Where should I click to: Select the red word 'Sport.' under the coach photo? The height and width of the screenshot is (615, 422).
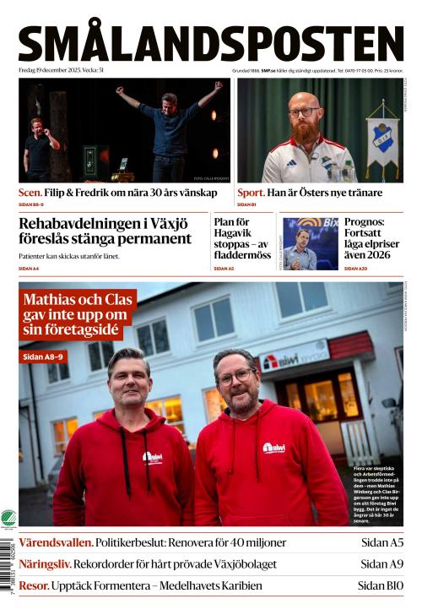point(251,193)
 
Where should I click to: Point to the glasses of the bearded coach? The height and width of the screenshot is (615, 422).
point(304,112)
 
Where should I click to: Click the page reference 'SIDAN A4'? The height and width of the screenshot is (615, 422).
point(29,269)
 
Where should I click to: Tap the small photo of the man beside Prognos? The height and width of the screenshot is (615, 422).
point(310,243)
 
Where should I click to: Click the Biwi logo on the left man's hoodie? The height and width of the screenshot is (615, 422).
point(153,456)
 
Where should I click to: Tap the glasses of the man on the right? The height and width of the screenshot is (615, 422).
point(235,377)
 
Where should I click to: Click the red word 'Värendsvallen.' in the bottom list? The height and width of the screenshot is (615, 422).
point(55,542)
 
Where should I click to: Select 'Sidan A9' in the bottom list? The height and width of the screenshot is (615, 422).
point(381,563)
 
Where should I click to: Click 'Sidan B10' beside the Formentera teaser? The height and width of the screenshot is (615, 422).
point(380,585)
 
